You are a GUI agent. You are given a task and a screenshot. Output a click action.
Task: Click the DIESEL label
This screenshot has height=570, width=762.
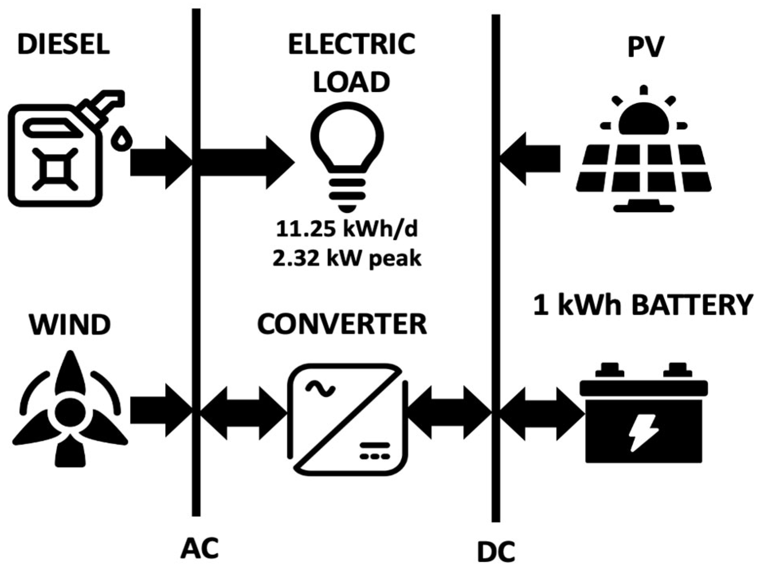pyautogui.click(x=64, y=44)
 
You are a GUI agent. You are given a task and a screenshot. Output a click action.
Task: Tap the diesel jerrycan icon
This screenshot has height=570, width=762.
pyautogui.click(x=56, y=155)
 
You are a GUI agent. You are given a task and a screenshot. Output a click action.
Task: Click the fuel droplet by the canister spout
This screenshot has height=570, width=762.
pyautogui.click(x=122, y=139)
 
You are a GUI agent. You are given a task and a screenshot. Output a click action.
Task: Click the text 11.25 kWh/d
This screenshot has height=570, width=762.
pyautogui.click(x=347, y=230)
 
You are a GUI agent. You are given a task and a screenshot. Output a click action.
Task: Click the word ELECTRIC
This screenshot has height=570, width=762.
pyautogui.click(x=352, y=44)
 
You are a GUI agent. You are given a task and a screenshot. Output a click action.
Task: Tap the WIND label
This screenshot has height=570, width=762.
pyautogui.click(x=70, y=324)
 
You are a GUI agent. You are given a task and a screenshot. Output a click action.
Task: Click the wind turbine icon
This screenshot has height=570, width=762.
pyautogui.click(x=70, y=410)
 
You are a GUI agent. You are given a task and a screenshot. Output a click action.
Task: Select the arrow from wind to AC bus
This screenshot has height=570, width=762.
pyautogui.click(x=159, y=410)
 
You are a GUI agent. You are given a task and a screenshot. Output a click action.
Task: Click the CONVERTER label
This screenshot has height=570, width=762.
pyautogui.click(x=342, y=324)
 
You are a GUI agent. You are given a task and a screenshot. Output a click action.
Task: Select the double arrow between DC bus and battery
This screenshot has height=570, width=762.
pyautogui.click(x=541, y=414)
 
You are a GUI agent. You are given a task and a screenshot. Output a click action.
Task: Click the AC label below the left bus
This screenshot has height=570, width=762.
pyautogui.click(x=200, y=548)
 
